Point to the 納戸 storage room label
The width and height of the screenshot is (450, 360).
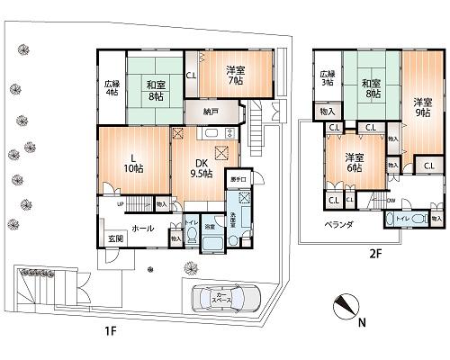[x=210, y=113]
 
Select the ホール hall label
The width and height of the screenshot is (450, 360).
[x=142, y=229]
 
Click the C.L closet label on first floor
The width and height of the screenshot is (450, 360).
[x=192, y=76]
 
